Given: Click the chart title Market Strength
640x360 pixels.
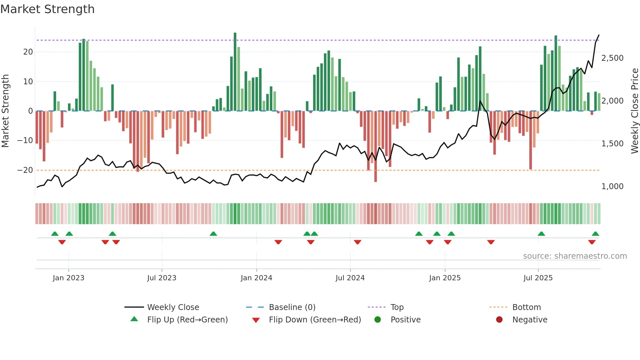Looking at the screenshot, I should point(47,9).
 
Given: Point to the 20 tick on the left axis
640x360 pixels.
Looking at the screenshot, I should point(28,52).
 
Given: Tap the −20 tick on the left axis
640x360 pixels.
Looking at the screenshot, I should point(25,170).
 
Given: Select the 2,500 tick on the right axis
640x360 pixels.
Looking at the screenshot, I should point(612,58).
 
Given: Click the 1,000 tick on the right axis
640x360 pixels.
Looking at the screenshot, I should point(612,187).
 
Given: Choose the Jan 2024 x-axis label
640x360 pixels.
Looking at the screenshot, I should point(256,278).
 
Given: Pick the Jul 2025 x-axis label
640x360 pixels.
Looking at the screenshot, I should point(538,278).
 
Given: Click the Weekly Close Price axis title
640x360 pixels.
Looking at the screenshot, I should point(634,111).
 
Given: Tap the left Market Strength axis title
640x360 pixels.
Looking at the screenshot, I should point(5,111).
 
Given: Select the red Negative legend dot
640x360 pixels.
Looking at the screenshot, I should point(499,320).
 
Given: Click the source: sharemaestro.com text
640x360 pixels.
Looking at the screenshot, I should point(575,256).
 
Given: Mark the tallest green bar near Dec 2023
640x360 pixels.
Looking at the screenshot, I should point(235,72).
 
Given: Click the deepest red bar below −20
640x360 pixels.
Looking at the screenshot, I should point(376,147).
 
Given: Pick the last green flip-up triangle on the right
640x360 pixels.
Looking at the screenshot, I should point(595,234).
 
